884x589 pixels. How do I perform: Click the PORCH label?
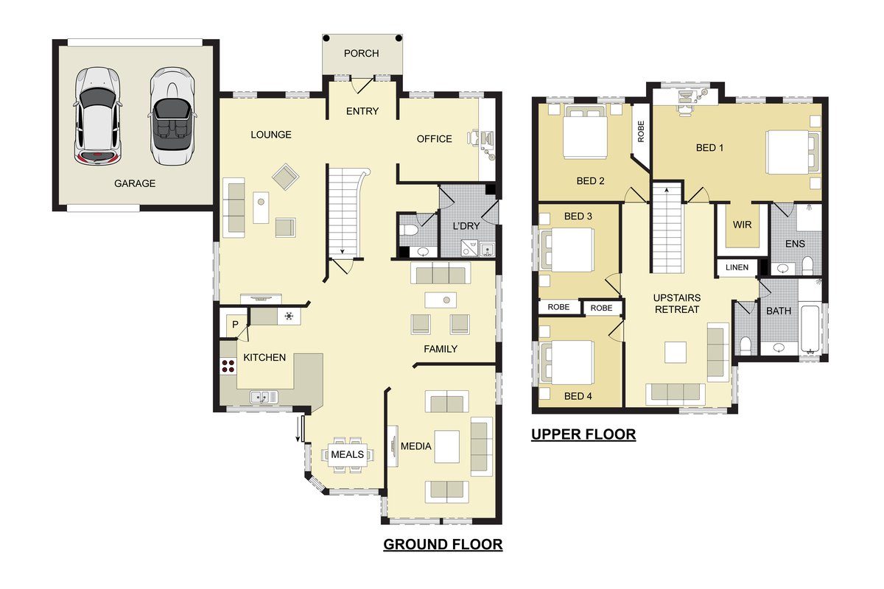pyautogui.click(x=361, y=53)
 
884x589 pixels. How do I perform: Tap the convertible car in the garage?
pyautogui.click(x=172, y=116)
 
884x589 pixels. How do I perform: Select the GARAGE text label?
pyautogui.click(x=135, y=183)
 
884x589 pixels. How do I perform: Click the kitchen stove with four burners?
pyautogui.click(x=228, y=366)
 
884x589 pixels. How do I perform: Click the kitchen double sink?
pyautogui.click(x=264, y=397)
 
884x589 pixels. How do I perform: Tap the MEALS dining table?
pyautogui.click(x=347, y=454)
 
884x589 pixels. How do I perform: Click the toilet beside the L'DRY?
pyautogui.click(x=407, y=230)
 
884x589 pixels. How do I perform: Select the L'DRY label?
pyautogui.click(x=466, y=226)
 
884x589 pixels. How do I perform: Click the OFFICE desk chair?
pyautogui.click(x=474, y=138)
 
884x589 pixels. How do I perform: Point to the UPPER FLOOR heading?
pyautogui.click(x=583, y=434)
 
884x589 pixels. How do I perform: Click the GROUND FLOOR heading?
pyautogui.click(x=443, y=544)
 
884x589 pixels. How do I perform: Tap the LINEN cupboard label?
pyautogui.click(x=737, y=267)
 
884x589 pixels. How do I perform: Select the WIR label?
pyautogui.click(x=742, y=225)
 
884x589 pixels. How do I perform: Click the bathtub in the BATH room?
pyautogui.click(x=810, y=329)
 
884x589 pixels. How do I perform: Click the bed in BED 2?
pyautogui.click(x=585, y=133)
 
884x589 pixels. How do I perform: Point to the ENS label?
pyautogui.click(x=795, y=244)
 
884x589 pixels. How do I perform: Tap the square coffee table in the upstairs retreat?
pyautogui.click(x=676, y=352)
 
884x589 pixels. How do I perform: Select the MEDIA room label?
pyautogui.click(x=416, y=446)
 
